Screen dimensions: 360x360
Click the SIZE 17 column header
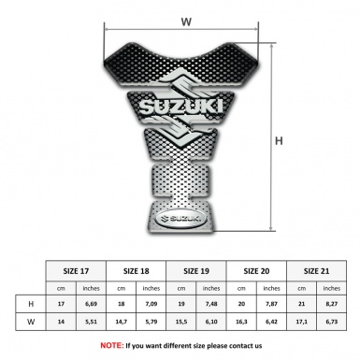tap(78, 270)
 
